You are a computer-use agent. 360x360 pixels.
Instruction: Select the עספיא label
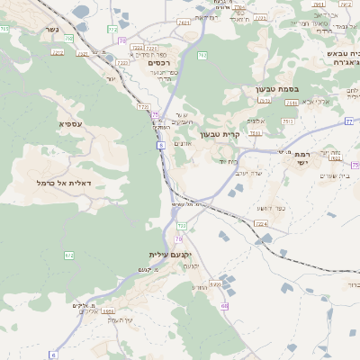[x=71, y=122]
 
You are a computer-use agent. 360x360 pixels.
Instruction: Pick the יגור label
[x=112, y=77]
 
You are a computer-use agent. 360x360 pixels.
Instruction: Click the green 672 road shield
[x=69, y=256]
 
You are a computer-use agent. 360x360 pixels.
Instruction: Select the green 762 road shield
[x=202, y=58]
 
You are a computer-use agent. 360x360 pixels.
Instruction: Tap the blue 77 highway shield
[x=348, y=120]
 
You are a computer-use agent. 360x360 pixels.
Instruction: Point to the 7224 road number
[x=261, y=222]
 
